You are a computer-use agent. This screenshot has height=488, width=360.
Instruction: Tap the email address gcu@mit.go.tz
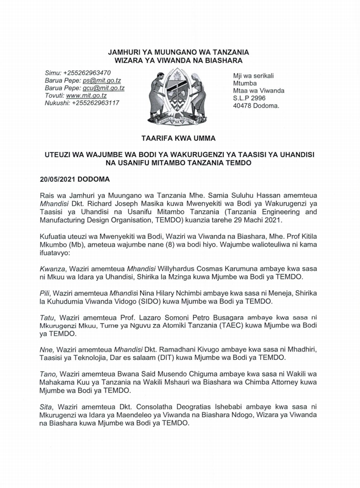coord(106,88)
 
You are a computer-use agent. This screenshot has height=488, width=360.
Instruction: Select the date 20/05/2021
coord(57,179)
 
